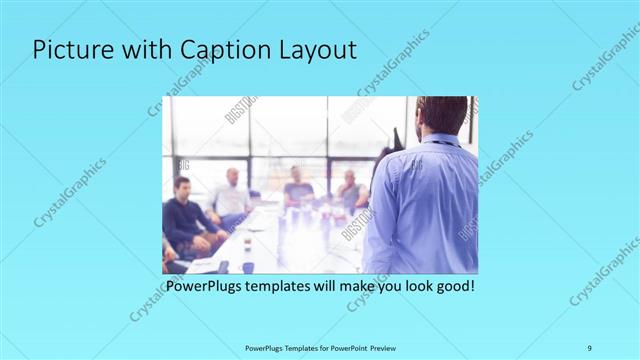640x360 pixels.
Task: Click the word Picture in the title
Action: click(68, 52)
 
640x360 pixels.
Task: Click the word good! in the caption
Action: click(452, 286)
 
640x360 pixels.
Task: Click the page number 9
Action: click(589, 347)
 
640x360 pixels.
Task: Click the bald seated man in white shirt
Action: click(231, 195)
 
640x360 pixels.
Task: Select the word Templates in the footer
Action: click(297, 347)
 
